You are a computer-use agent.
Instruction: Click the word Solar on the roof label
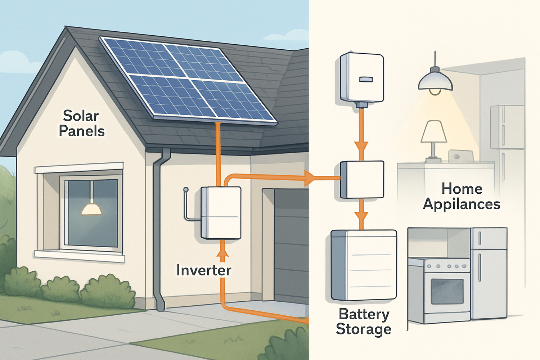click(x=81, y=116)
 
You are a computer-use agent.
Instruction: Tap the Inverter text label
click(x=204, y=270)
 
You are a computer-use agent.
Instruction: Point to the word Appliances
click(x=462, y=204)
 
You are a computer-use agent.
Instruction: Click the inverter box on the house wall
click(x=221, y=212)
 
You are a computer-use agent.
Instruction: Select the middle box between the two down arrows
click(x=362, y=179)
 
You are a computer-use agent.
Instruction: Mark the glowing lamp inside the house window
click(x=91, y=209)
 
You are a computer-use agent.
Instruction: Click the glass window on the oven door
click(x=447, y=291)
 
